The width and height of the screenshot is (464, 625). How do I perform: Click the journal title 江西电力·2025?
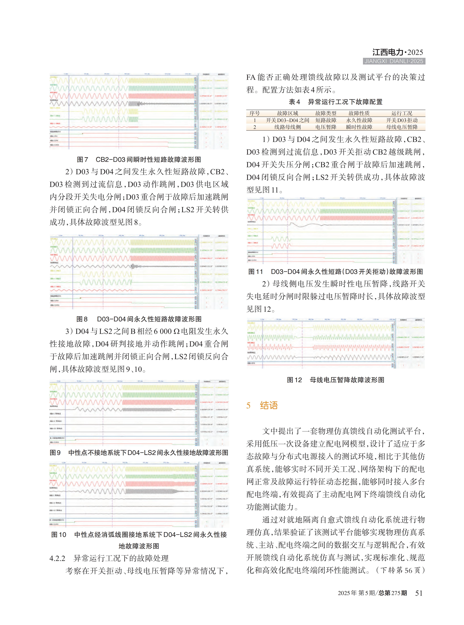click(397, 52)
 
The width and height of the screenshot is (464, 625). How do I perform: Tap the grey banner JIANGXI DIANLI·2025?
click(394, 61)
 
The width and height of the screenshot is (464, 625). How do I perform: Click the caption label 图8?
click(82, 319)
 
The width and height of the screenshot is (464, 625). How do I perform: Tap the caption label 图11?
click(256, 272)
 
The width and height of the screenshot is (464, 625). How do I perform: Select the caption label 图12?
click(294, 380)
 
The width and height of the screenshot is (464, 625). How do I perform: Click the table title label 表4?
click(294, 102)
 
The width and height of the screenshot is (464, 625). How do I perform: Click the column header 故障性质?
click(359, 113)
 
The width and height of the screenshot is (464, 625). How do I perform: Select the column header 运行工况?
click(402, 113)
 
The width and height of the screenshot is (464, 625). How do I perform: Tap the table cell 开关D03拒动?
click(402, 120)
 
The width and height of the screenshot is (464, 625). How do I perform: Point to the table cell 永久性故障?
click(359, 120)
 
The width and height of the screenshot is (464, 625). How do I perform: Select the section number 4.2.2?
click(57, 558)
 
